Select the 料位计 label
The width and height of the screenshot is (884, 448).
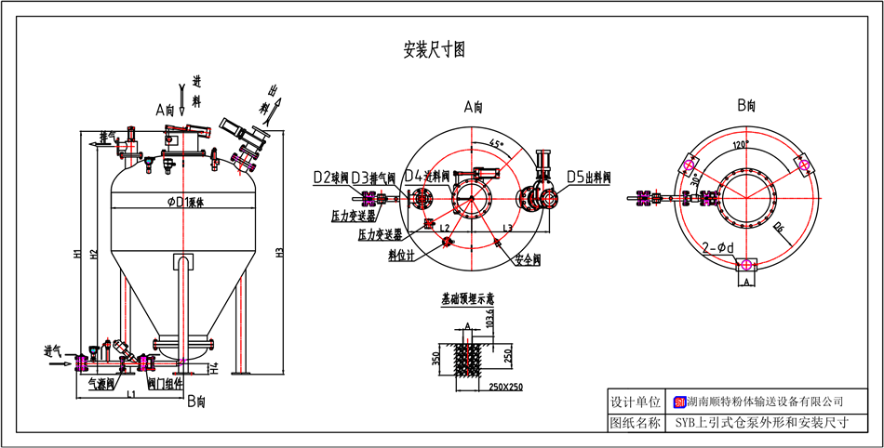401,254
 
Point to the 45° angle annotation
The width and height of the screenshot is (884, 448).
496,144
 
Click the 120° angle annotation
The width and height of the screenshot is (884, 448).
741,146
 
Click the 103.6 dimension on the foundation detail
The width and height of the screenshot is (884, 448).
503,321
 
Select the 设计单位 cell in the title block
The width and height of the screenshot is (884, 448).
635,402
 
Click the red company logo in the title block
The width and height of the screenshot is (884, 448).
679,402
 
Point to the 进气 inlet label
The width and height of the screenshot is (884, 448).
53,351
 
